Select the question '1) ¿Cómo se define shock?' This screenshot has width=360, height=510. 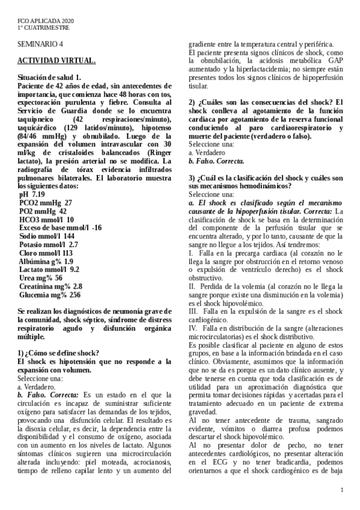click(x=58, y=353)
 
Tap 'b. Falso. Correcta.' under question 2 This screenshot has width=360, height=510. click(x=216, y=161)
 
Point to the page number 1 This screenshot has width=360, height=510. click(x=341, y=491)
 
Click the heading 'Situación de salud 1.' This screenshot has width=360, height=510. click(x=49, y=78)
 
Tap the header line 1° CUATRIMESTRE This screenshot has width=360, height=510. click(x=43, y=28)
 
